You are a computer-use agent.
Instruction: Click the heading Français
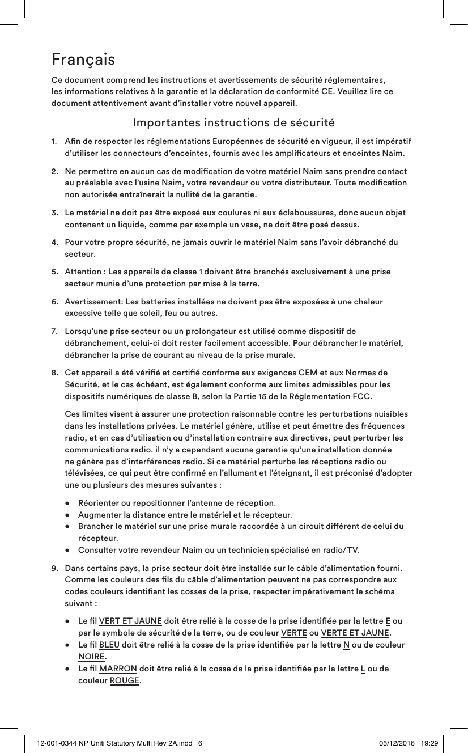(83, 59)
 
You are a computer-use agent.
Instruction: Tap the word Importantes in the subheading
(159, 123)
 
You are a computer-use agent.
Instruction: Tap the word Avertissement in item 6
(95, 302)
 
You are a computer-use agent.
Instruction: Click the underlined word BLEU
(109, 645)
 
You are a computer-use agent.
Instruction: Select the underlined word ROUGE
(124, 680)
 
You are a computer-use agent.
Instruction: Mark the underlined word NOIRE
(91, 657)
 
